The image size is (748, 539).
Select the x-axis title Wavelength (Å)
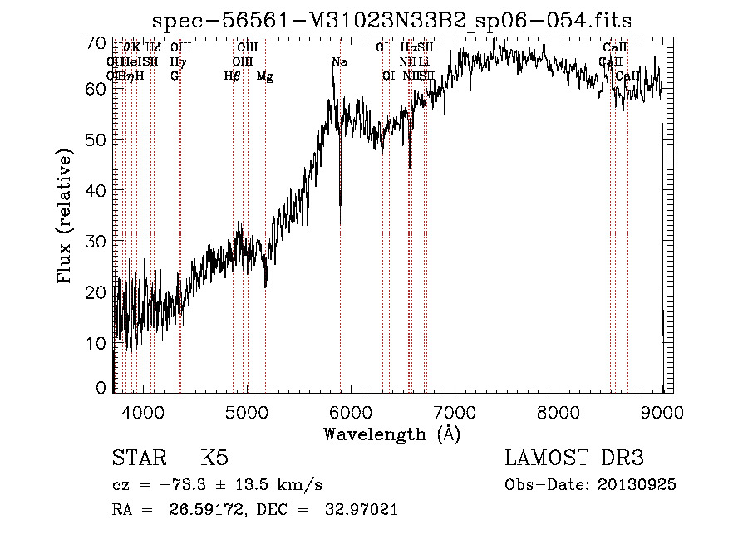coord(391,434)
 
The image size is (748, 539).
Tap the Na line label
coord(339,62)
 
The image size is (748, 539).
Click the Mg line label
coord(264,76)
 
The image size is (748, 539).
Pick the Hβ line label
coord(233,76)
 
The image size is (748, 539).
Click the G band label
coord(175,76)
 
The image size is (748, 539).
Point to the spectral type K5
coord(214,458)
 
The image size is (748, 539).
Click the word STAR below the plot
coord(139,458)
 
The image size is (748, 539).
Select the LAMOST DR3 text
coord(573,458)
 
